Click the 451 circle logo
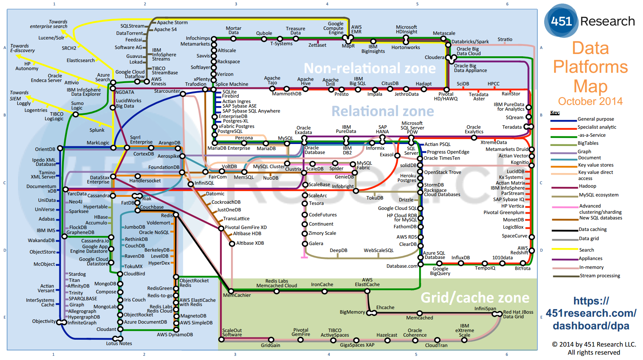(561, 21)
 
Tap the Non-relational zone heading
(370, 69)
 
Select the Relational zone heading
(382, 111)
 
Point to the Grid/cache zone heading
(475, 298)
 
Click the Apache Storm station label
(172, 23)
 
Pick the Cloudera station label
(434, 57)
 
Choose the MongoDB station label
(105, 284)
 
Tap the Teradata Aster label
(479, 97)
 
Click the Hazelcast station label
(387, 335)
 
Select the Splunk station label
(97, 130)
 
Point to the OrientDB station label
(45, 149)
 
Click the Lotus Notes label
(119, 344)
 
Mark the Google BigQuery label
(440, 271)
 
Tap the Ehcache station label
(385, 308)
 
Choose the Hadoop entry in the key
(587, 186)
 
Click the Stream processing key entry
(600, 276)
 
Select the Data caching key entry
(592, 229)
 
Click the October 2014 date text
(590, 101)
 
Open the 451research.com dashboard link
(591, 313)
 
